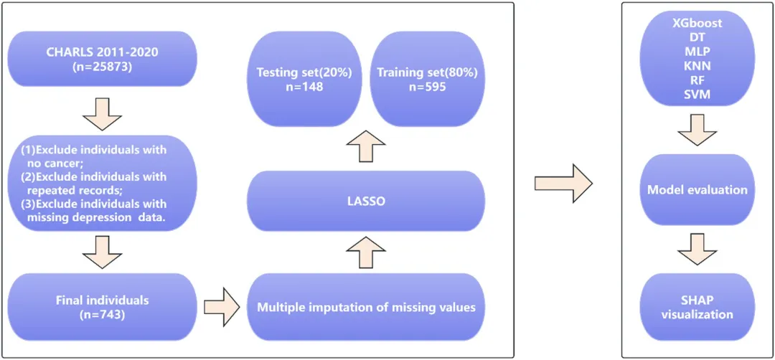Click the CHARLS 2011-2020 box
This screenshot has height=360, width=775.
coord(103,59)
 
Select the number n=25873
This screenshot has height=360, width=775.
coord(103,66)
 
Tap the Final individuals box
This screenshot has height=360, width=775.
coord(103,307)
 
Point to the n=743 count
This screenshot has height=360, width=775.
coord(103,313)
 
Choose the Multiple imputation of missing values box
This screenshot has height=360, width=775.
coord(366,307)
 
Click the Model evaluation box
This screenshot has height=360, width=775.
coord(697,190)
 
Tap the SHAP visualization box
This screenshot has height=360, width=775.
coord(697,307)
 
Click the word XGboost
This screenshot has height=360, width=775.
coord(697,23)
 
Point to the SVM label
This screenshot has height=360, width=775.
coord(697,94)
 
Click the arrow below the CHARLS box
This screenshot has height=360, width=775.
coord(103,113)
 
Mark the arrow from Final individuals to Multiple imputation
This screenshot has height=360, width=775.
coord(222,307)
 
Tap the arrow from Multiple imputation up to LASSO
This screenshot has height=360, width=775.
coord(366,252)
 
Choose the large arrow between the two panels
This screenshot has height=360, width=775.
coord(563,184)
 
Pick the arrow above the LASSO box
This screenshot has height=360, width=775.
coord(366,146)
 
